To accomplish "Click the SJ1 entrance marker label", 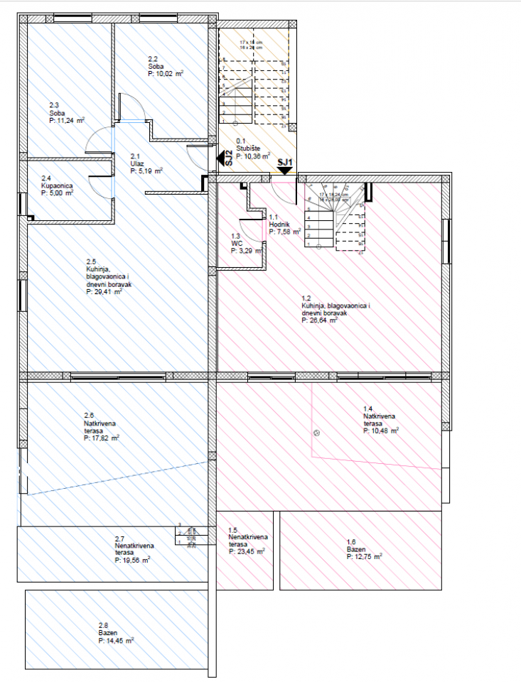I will (x=285, y=162).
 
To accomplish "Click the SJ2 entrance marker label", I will (x=228, y=158).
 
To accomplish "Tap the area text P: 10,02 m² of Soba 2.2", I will (x=166, y=73).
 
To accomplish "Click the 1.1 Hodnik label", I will (x=279, y=224).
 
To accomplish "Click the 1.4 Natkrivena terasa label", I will (x=380, y=419).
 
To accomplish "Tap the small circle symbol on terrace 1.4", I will (x=316, y=433).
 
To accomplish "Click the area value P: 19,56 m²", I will (x=132, y=560).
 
